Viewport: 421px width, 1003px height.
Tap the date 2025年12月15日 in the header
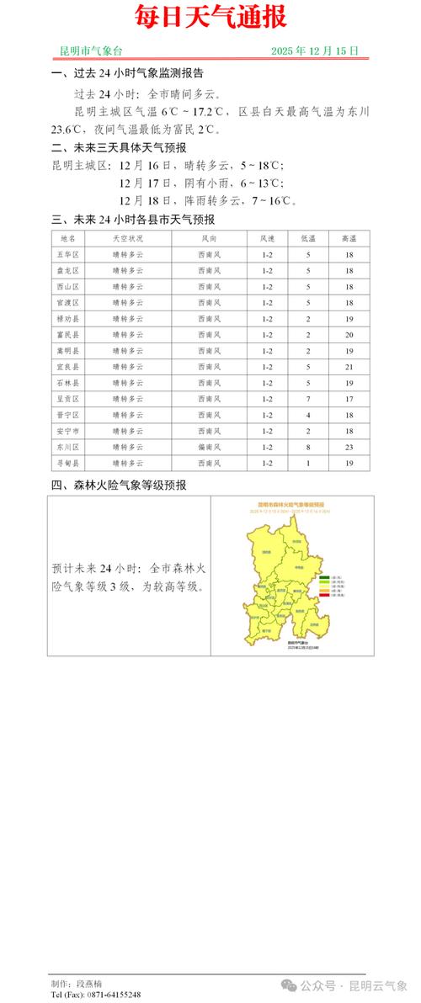tap(315, 51)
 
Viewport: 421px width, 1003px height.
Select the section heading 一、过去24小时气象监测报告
tap(127, 73)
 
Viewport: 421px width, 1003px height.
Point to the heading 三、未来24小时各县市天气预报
tap(133, 220)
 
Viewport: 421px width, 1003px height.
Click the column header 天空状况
tap(127, 238)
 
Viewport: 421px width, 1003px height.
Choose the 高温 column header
tap(348, 238)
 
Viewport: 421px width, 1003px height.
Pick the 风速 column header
tap(268, 238)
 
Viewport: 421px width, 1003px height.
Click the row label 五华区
tap(67, 254)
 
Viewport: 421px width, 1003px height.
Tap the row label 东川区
tap(67, 447)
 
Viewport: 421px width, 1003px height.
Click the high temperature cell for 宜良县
tap(348, 367)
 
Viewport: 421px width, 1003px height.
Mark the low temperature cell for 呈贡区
tap(308, 399)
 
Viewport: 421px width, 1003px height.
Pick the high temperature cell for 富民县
tap(348, 335)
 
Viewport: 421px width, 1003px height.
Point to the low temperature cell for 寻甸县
tap(308, 464)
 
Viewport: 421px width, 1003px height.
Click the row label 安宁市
tap(67, 431)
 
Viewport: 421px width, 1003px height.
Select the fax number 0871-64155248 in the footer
tap(113, 995)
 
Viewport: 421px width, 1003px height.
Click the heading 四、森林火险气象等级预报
tap(119, 486)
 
